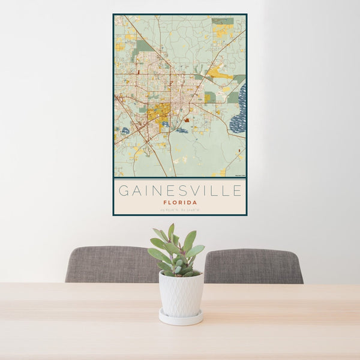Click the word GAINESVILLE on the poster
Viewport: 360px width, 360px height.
180,191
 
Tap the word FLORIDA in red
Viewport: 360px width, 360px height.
180,203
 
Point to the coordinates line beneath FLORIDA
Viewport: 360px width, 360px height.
180,209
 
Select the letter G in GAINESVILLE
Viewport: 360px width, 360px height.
123,191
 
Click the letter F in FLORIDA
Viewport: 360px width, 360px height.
164,203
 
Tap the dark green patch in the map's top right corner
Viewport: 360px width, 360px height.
223,21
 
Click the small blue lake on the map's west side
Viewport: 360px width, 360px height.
125,131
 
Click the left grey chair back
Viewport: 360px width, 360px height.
108,264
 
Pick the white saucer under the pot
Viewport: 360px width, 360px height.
181,319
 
